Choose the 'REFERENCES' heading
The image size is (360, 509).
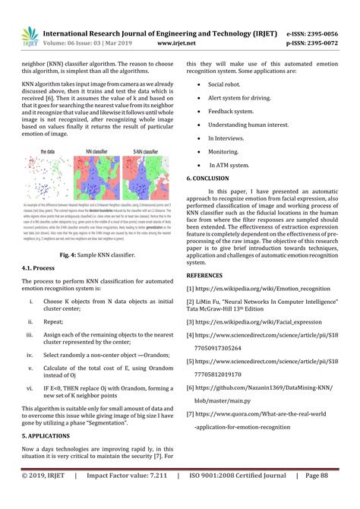tap(210, 276)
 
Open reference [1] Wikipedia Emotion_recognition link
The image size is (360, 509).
tap(263, 289)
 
